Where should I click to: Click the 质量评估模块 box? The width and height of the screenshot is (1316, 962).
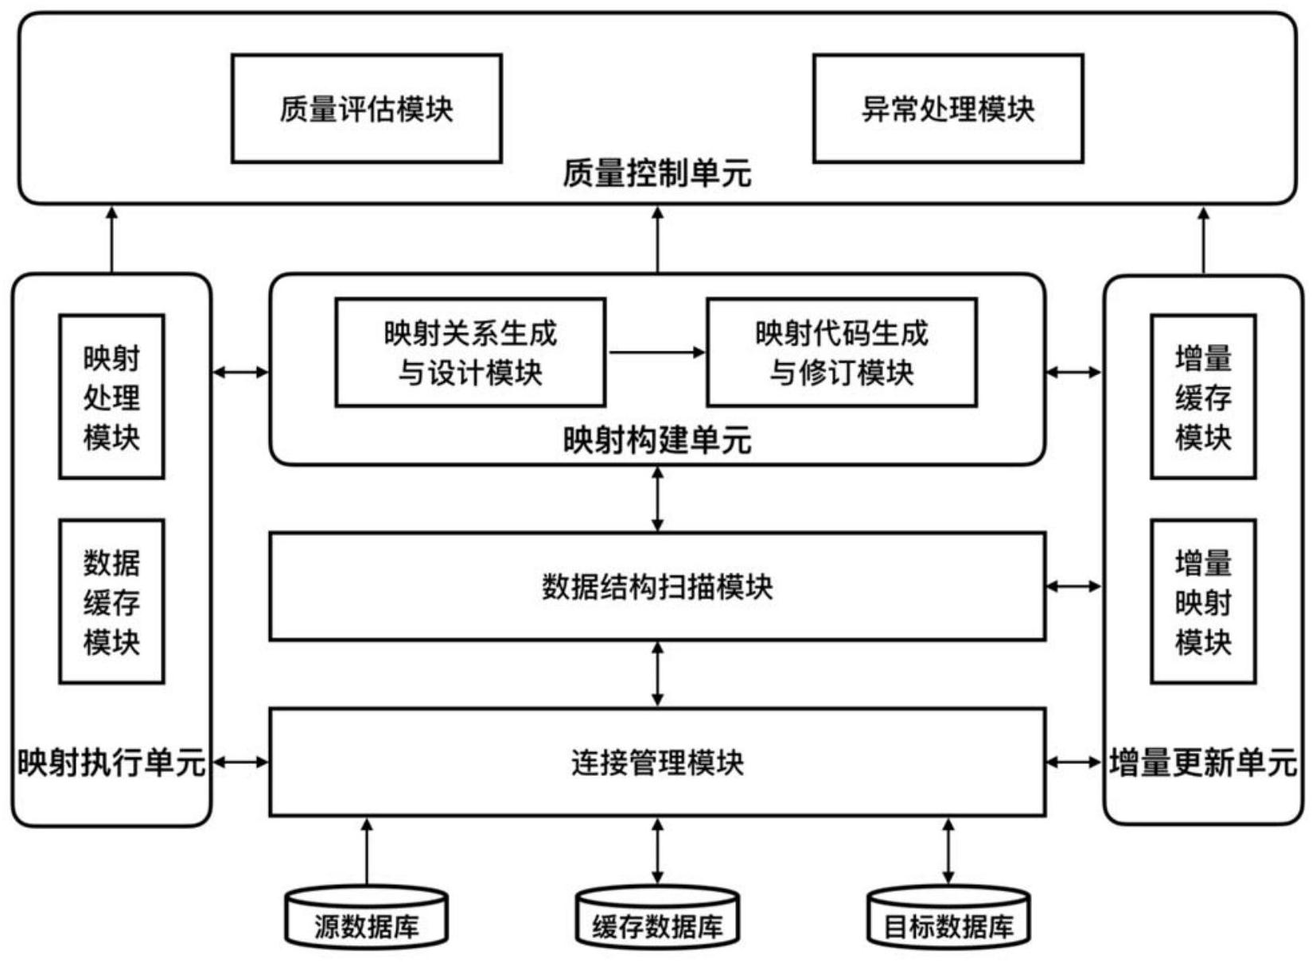(x=366, y=109)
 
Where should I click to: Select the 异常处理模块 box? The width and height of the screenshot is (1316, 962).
(x=948, y=109)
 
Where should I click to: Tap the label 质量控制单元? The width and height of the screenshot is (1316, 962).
(x=656, y=173)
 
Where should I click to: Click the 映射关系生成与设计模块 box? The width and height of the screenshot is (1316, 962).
(x=469, y=352)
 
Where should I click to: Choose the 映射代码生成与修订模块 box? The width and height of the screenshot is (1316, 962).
(x=841, y=352)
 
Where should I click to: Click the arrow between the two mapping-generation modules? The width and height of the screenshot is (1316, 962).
(x=656, y=352)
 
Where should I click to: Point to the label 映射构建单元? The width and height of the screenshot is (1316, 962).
(x=656, y=440)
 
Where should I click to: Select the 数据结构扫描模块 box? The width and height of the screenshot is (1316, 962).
(x=656, y=587)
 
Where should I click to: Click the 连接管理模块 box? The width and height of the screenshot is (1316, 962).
(x=656, y=762)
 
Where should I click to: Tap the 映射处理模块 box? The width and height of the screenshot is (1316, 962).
(x=111, y=397)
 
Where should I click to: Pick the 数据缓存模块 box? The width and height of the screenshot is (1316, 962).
(x=111, y=602)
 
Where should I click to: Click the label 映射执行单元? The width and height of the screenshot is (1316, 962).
(x=111, y=762)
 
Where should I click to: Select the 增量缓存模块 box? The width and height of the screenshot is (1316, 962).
(x=1203, y=397)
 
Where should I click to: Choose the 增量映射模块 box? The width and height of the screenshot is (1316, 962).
(x=1203, y=602)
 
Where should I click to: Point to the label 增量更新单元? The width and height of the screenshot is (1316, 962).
(x=1203, y=762)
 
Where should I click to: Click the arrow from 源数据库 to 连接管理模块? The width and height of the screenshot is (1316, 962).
(x=367, y=852)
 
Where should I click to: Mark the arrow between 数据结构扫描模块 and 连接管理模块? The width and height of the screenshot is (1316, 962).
(x=657, y=674)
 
